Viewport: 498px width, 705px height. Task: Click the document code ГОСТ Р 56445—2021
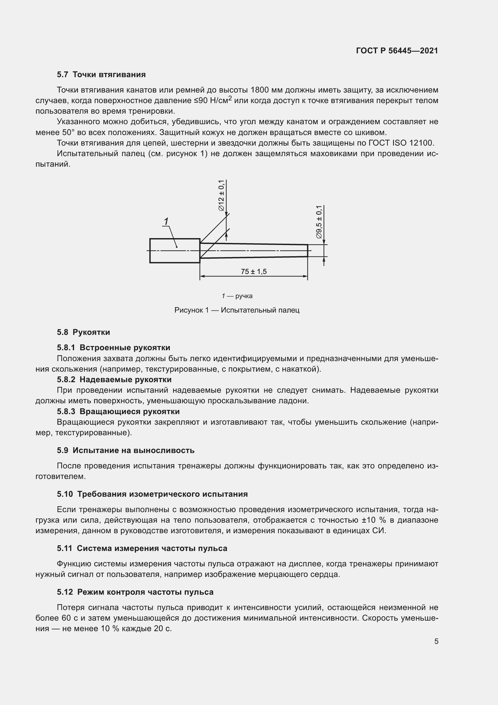(x=397, y=51)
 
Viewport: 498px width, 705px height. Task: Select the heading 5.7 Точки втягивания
(x=101, y=75)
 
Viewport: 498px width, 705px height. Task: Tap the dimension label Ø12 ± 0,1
(x=221, y=196)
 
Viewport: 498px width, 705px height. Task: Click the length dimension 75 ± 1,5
(x=254, y=272)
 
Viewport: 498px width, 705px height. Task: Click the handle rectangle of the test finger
(x=175, y=250)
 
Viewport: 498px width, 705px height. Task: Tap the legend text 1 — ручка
(x=237, y=296)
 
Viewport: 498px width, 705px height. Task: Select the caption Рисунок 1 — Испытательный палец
(x=237, y=310)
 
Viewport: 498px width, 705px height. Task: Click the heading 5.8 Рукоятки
(x=83, y=332)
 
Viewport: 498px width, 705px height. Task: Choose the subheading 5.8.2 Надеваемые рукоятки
(x=114, y=379)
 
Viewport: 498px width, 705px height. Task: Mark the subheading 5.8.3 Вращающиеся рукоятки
(x=118, y=411)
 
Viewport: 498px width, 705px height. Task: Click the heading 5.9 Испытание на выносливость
(x=126, y=450)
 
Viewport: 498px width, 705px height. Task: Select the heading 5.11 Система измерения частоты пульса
(x=142, y=548)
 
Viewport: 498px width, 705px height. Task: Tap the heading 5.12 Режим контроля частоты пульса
(x=135, y=592)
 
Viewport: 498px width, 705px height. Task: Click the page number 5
(x=436, y=641)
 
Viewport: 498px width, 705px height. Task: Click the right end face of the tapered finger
(x=308, y=250)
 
